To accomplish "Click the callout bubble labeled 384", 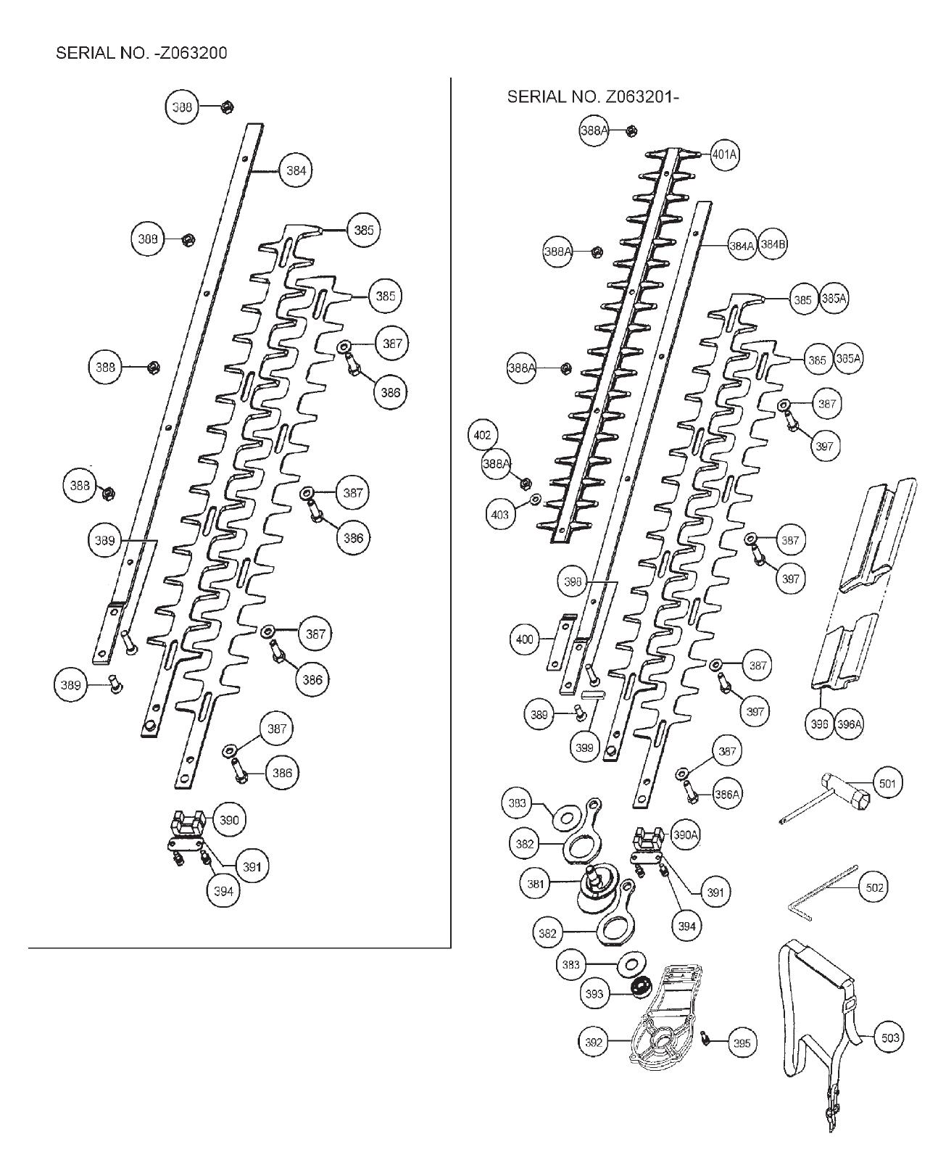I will point(296,171).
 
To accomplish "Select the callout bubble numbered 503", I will point(889,1037).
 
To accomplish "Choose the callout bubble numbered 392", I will point(593,1043).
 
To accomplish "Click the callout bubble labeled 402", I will point(482,435).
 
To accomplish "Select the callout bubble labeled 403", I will point(500,515).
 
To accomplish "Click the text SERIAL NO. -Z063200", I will point(141,53).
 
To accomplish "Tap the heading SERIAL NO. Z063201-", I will point(593,96).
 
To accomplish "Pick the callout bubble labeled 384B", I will point(773,245).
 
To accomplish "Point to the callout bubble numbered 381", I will point(536,884).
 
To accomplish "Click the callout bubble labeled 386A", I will point(726,794).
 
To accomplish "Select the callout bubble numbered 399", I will point(584,747).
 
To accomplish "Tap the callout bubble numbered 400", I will point(525,639).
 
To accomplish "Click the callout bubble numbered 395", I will point(742,1043).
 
